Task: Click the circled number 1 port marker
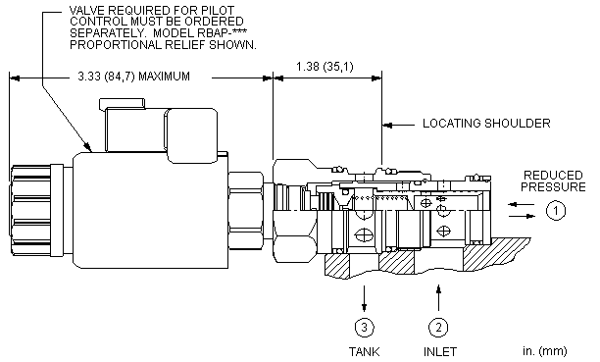coord(555,210)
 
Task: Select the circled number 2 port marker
coord(438,328)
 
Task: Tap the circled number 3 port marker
coord(364,328)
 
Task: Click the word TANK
coord(364,351)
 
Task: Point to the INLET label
coord(440,351)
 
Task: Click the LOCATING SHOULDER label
coord(486,124)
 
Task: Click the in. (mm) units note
coord(544,351)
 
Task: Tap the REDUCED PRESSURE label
coord(553,181)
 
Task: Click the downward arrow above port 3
coord(364,298)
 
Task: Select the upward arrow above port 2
coord(438,297)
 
